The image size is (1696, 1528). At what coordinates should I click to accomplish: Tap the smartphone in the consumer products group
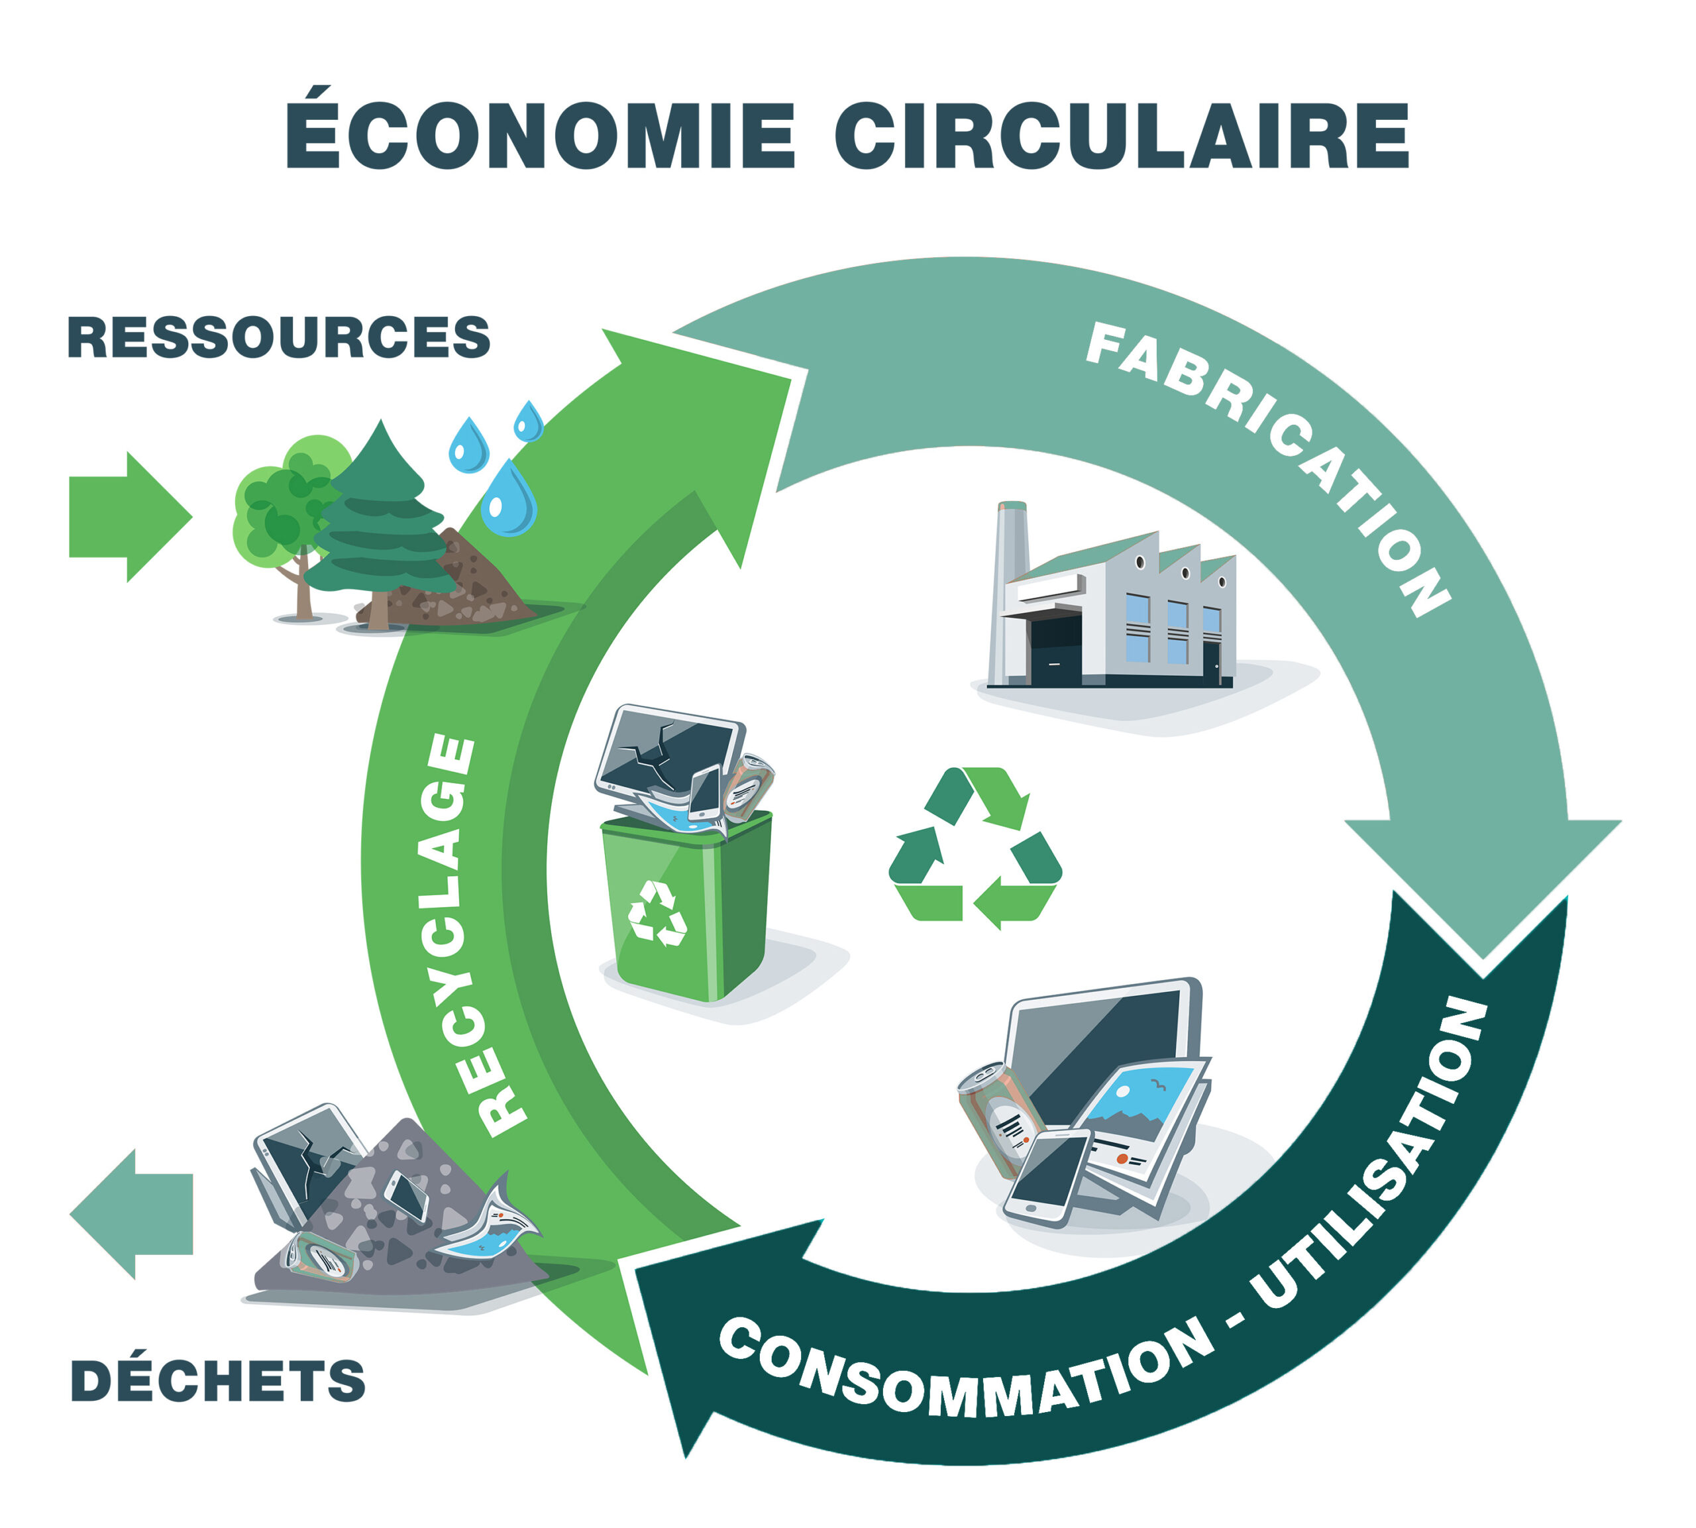[1047, 1175]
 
